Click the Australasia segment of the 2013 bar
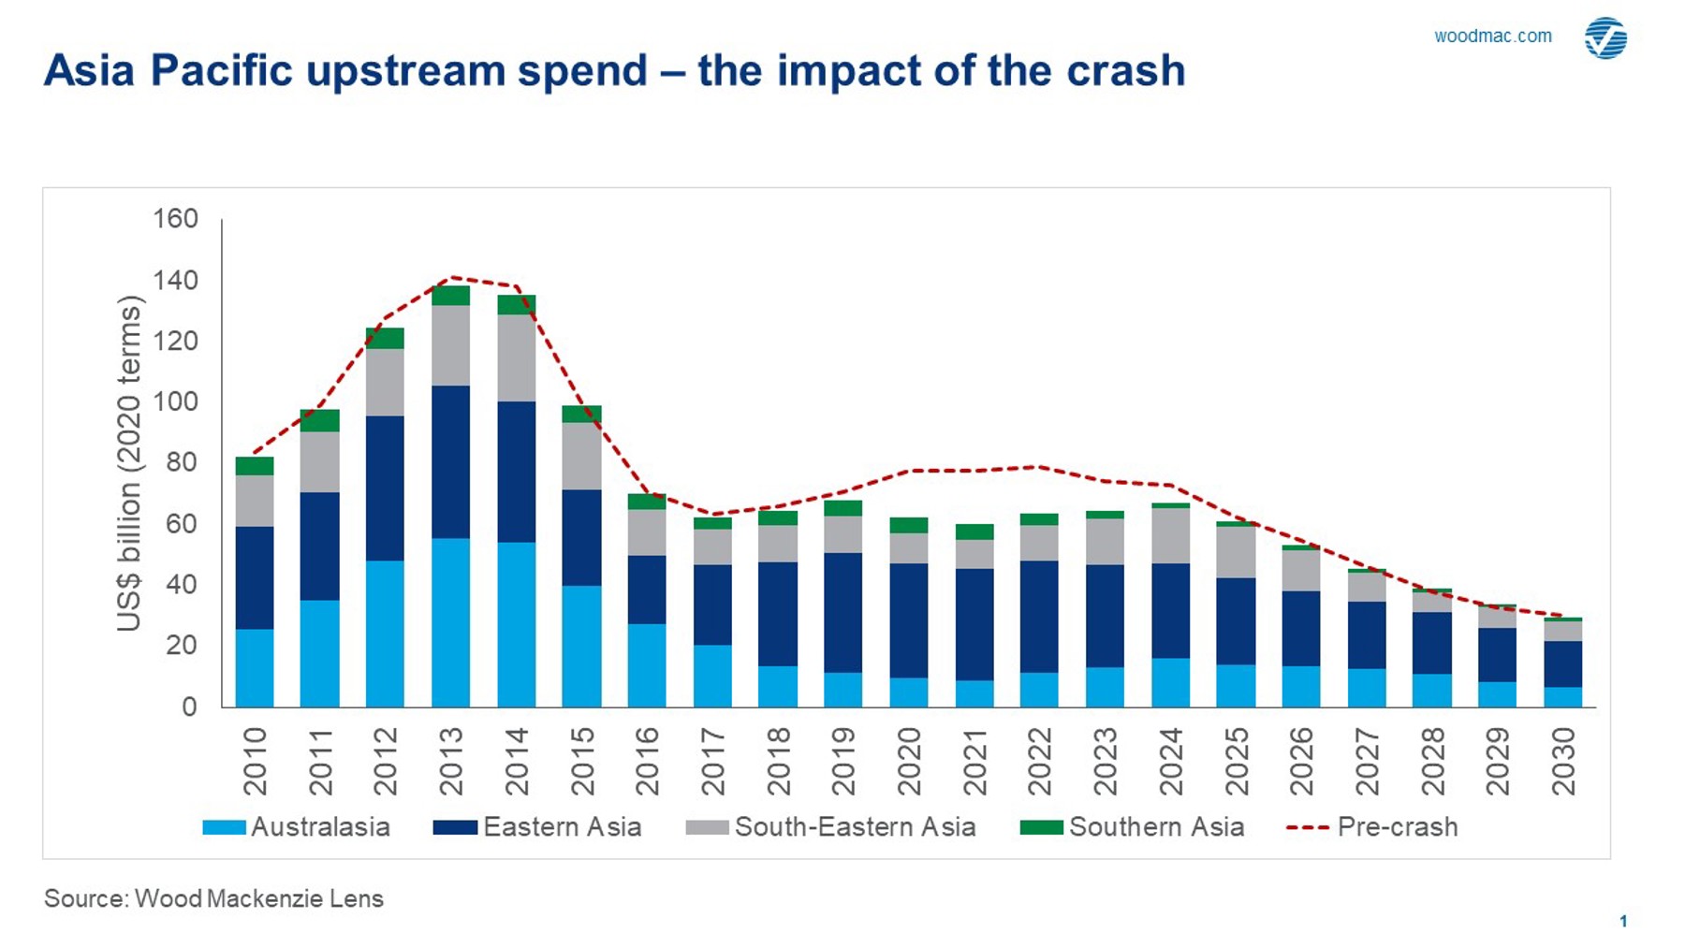pyautogui.click(x=450, y=622)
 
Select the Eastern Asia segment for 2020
pyautogui.click(x=908, y=620)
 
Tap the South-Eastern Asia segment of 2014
pyautogui.click(x=516, y=357)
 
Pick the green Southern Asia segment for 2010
pyautogui.click(x=255, y=466)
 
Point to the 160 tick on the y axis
pyautogui.click(x=176, y=219)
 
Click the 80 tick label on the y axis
pyautogui.click(x=182, y=462)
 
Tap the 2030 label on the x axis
pyautogui.click(x=1563, y=762)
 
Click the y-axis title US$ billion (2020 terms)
pyautogui.click(x=129, y=463)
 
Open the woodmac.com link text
pyautogui.click(x=1492, y=36)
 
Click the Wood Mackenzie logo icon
pyautogui.click(x=1605, y=38)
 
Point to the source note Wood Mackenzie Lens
pyautogui.click(x=213, y=899)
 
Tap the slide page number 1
pyautogui.click(x=1623, y=922)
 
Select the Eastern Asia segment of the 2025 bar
pyautogui.click(x=1236, y=621)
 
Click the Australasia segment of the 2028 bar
pyautogui.click(x=1432, y=691)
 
